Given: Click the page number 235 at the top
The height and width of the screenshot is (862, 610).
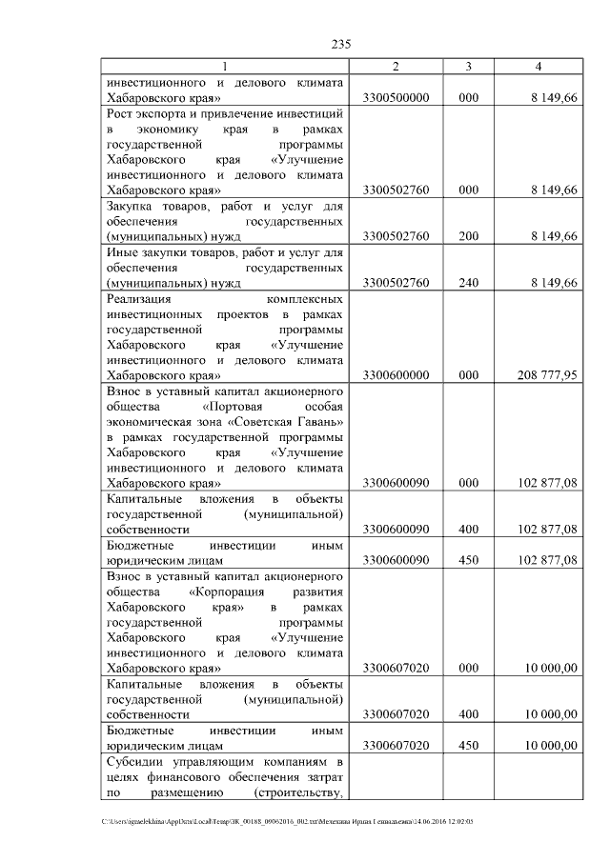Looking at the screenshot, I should [x=342, y=45].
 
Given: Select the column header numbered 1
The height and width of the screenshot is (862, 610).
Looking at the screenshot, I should [x=225, y=66].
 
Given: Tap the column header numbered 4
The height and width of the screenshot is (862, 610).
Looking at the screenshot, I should [x=539, y=66].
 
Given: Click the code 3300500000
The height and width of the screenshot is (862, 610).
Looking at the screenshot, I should [x=396, y=98].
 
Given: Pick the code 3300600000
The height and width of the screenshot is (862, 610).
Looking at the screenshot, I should [x=396, y=375].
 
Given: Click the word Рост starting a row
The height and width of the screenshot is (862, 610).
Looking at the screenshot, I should [x=119, y=113].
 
